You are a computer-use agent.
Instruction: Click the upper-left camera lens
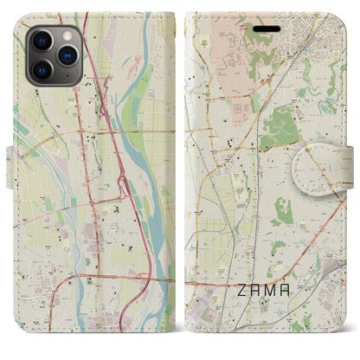tap(41, 41)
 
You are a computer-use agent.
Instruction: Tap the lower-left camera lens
tap(41, 68)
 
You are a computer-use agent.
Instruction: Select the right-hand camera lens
tap(65, 55)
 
